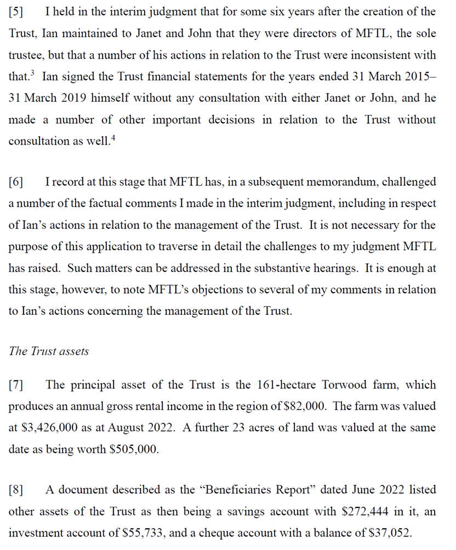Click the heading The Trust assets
pos(49,351)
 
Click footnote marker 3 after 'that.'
pos(33,74)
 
